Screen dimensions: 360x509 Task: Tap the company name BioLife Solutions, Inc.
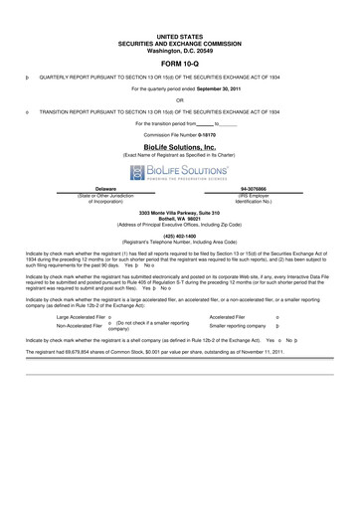tap(179, 145)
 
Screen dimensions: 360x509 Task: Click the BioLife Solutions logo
tap(179, 171)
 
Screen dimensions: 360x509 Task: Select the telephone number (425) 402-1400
tap(179, 236)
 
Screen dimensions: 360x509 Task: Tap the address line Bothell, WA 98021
tap(179, 219)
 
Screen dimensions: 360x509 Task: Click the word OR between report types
tap(179, 99)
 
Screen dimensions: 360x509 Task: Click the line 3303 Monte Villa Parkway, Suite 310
tap(179, 213)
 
